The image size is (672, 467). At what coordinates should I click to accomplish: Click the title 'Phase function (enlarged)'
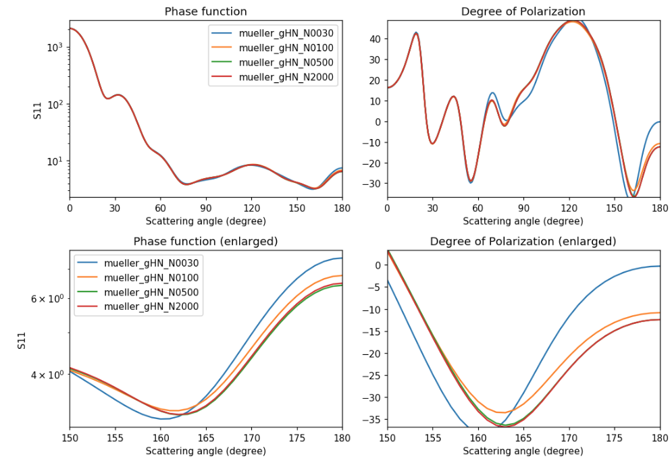205,241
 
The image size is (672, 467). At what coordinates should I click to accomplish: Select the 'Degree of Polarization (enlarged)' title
523,241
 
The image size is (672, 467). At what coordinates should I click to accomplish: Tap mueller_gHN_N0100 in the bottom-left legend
153,278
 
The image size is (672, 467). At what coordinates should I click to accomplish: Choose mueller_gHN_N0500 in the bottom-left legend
153,293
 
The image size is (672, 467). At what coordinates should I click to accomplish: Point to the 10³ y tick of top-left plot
54,47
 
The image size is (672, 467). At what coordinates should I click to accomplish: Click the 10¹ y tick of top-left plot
54,161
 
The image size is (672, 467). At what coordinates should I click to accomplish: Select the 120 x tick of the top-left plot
251,208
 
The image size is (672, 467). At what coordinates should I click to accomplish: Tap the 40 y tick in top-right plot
374,39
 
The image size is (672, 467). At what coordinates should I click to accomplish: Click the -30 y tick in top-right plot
371,184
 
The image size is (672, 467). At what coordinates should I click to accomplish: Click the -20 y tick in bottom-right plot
371,354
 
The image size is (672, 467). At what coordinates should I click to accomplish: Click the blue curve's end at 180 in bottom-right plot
659,266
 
